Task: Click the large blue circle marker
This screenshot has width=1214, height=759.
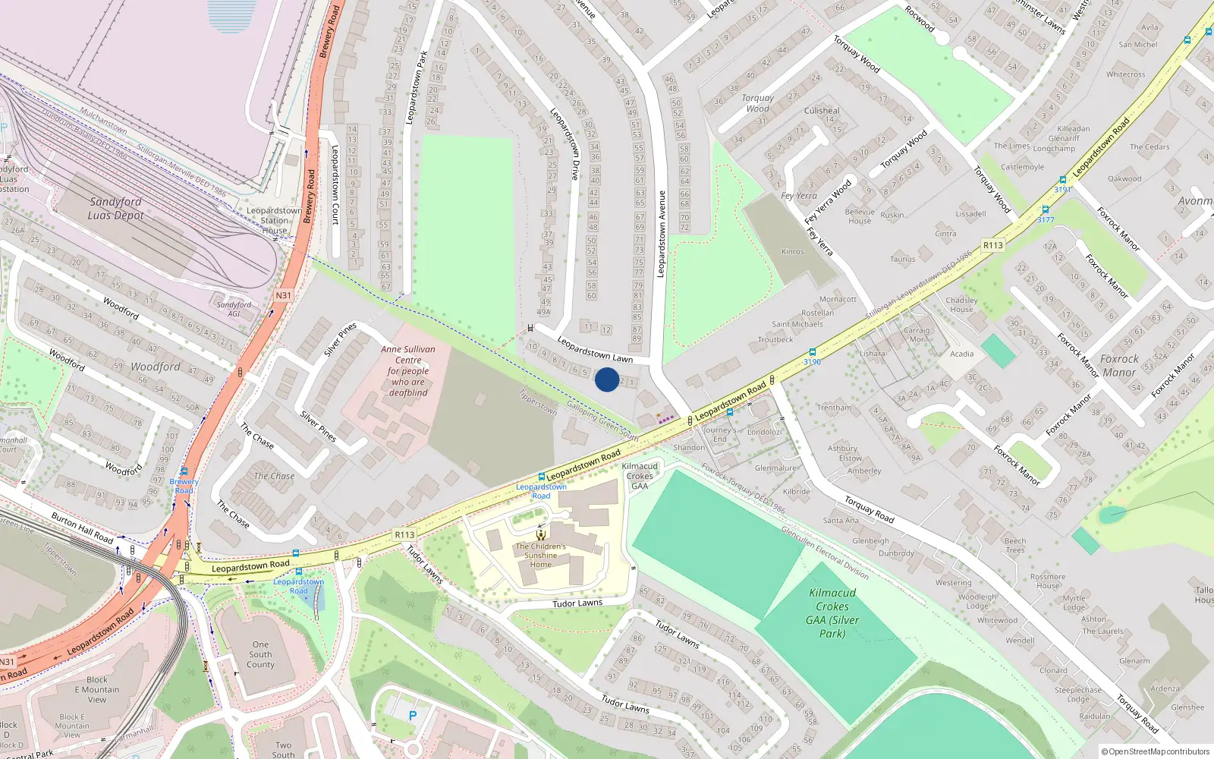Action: [606, 379]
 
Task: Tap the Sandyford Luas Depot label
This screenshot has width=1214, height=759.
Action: [115, 209]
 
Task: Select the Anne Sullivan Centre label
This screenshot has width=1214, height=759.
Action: [408, 371]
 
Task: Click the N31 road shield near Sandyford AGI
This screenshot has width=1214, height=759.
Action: [283, 295]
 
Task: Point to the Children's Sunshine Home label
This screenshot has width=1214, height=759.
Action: [541, 555]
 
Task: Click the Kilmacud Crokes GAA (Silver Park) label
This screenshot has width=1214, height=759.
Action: [832, 613]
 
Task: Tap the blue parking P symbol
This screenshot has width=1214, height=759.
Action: [413, 716]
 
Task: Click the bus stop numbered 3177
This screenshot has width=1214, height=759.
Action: [1046, 215]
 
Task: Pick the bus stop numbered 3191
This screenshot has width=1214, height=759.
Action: [1062, 185]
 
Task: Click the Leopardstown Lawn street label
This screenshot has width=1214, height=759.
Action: [595, 349]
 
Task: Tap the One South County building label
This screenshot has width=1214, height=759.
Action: [260, 654]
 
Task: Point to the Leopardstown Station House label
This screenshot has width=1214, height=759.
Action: [274, 221]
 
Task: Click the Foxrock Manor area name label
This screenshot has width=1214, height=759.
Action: [1119, 366]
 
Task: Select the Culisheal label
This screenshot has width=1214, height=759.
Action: [822, 111]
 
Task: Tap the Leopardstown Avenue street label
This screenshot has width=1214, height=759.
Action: [662, 234]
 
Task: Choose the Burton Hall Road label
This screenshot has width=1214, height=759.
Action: [82, 528]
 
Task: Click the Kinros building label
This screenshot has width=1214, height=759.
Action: [792, 251]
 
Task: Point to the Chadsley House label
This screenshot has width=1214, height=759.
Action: [961, 304]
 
